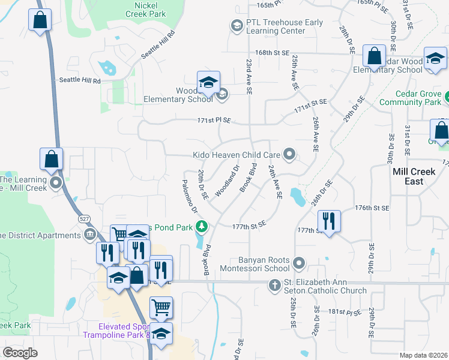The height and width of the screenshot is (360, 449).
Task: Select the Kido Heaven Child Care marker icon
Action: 290,155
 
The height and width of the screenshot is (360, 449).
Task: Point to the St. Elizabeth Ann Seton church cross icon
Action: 275,285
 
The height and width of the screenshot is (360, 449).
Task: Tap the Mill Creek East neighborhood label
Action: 415,176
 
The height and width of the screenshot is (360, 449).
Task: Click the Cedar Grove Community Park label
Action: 418,98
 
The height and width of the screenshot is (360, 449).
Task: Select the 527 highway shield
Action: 83,220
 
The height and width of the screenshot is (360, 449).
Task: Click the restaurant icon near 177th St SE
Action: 328,221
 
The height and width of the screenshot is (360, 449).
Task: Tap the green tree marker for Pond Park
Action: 203,226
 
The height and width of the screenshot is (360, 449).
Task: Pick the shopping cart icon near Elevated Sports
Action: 161,308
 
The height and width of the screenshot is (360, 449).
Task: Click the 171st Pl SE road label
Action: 214,121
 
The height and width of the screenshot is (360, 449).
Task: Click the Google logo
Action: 20,352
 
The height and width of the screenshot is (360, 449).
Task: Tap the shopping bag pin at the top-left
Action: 40,20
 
